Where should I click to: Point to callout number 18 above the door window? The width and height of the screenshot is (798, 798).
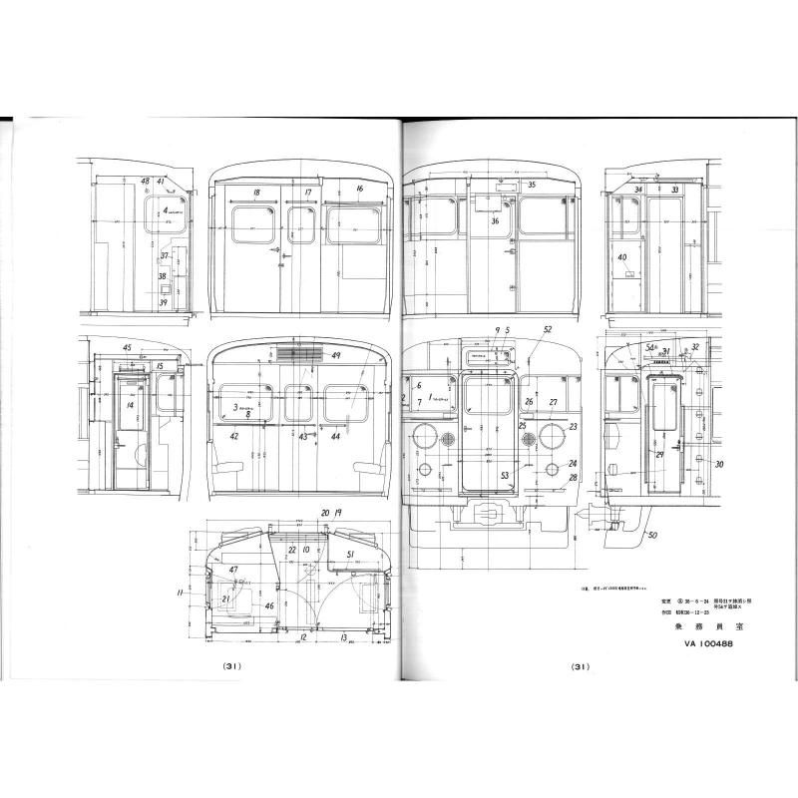click(x=257, y=192)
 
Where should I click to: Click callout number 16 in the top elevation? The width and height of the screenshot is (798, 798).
click(x=359, y=189)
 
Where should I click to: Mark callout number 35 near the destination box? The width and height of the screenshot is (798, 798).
click(x=532, y=185)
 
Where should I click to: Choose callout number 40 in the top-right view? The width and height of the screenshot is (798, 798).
click(x=623, y=258)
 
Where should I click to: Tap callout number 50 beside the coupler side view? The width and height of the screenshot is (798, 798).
click(x=652, y=537)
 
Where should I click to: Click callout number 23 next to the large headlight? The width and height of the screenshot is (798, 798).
click(x=574, y=426)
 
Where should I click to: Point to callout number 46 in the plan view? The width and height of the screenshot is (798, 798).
click(x=240, y=605)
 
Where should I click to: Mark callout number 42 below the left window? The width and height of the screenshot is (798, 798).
click(x=233, y=437)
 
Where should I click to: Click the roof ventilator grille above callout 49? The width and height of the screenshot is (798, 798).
click(x=297, y=353)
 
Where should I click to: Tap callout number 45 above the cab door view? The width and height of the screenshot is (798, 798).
click(x=127, y=347)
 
